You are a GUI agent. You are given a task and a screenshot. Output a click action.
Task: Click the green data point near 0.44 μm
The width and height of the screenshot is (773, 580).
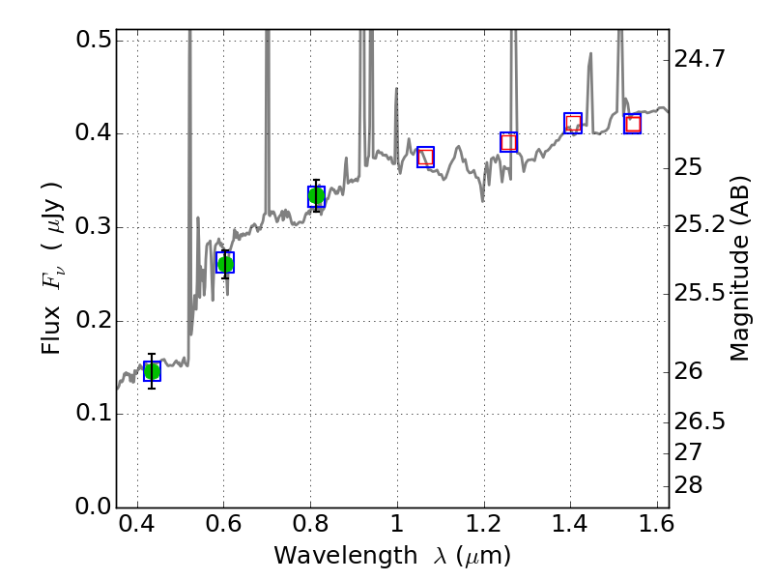click(152, 371)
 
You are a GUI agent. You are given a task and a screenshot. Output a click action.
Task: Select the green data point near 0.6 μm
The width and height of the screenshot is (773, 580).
click(225, 263)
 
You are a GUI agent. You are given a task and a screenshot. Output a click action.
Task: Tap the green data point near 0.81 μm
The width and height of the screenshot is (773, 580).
click(316, 196)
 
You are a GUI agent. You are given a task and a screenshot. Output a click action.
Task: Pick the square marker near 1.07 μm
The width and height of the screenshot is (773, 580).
click(425, 157)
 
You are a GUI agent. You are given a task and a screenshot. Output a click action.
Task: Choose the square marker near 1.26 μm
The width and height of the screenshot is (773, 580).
click(508, 142)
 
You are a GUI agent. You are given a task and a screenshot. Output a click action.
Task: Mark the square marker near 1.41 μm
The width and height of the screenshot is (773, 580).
click(573, 123)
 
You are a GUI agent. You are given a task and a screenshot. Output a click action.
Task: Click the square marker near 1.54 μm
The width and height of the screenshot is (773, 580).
click(633, 124)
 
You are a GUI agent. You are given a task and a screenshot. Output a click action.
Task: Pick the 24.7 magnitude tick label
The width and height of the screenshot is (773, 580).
click(700, 60)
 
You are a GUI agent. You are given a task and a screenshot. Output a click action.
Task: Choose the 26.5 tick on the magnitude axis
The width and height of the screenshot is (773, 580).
click(700, 421)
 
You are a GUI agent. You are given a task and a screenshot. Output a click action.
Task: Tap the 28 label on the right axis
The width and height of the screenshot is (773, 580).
click(689, 484)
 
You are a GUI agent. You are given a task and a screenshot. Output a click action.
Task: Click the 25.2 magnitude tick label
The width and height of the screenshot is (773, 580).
click(700, 225)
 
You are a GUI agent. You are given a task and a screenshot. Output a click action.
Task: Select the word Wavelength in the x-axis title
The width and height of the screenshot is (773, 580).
click(330, 556)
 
